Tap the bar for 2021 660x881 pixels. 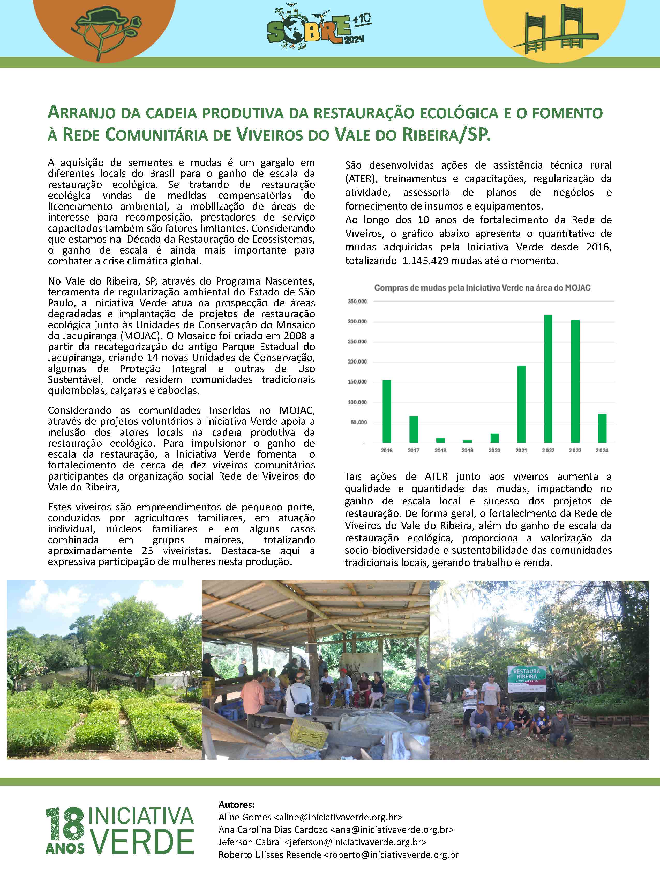(x=521, y=404)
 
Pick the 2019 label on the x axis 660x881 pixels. (x=467, y=450)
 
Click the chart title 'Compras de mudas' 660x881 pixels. (x=482, y=287)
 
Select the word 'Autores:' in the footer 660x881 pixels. (x=237, y=805)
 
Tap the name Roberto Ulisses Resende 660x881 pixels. (x=269, y=855)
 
